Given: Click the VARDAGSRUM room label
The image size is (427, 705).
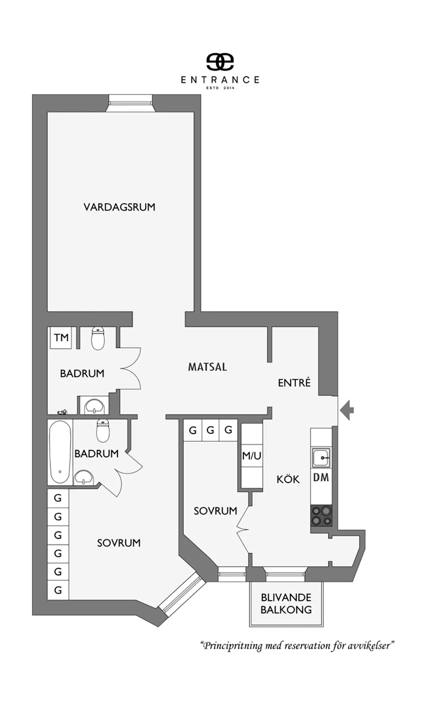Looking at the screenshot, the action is (x=119, y=207).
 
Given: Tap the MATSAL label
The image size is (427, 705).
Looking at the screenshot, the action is (x=208, y=367).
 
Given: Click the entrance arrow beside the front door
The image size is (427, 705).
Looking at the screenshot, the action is (x=347, y=410).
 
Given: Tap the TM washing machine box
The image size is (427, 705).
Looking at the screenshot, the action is (x=61, y=338).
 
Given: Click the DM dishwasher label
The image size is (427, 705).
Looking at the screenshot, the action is (x=321, y=477).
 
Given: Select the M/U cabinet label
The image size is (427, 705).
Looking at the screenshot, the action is (x=252, y=455).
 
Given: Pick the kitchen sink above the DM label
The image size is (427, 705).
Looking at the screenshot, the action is (x=321, y=458).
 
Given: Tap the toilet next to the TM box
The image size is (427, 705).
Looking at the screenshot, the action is (x=98, y=338).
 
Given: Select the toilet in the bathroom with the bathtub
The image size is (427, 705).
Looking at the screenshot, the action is (x=103, y=431).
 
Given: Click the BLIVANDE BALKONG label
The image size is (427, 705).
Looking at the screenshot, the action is (x=286, y=604).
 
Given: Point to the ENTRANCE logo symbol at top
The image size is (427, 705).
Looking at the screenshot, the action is (x=220, y=62).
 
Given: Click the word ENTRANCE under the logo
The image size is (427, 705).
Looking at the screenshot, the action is (x=220, y=80).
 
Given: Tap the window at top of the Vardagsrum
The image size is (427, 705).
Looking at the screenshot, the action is (x=131, y=103).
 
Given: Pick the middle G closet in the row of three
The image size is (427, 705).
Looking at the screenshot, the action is (x=211, y=430).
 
